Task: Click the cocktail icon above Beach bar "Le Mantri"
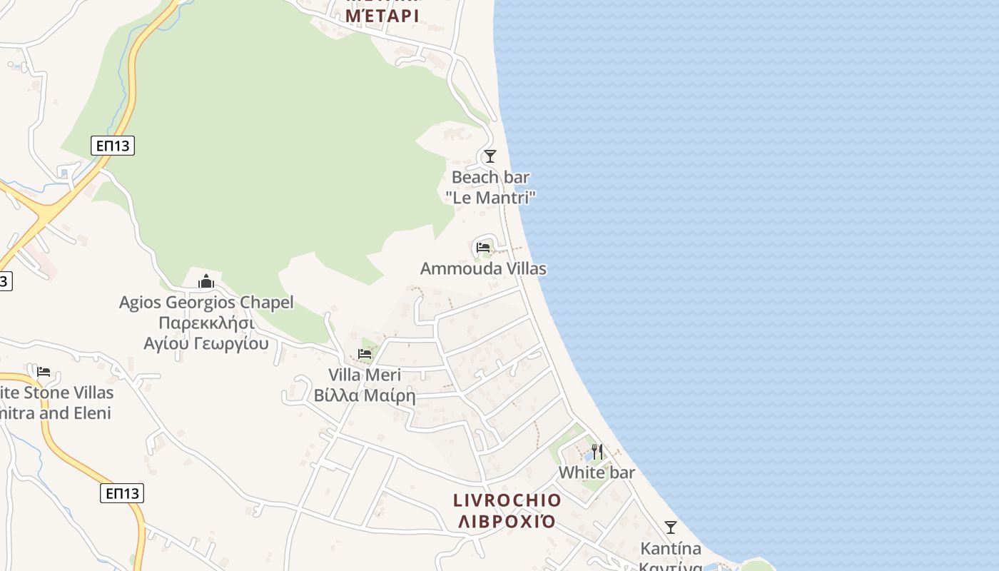click(x=490, y=156)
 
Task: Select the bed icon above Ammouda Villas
click(x=483, y=248)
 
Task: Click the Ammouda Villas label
click(x=483, y=269)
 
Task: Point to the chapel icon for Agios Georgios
click(x=206, y=281)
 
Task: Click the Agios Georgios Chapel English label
click(x=206, y=303)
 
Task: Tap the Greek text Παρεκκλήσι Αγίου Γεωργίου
click(x=206, y=333)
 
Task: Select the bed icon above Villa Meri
click(x=365, y=354)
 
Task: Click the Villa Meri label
click(x=365, y=375)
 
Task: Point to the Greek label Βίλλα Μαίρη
click(x=365, y=395)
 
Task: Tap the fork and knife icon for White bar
click(x=597, y=452)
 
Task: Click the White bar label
click(x=597, y=473)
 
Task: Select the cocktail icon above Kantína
click(x=671, y=527)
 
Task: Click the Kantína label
click(x=671, y=549)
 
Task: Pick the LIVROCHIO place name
click(x=507, y=500)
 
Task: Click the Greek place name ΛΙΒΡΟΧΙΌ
click(x=507, y=521)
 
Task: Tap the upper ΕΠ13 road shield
click(x=113, y=146)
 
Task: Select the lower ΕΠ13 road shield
click(x=122, y=493)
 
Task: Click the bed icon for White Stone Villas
click(x=44, y=372)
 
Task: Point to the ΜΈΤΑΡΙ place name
click(x=382, y=14)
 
